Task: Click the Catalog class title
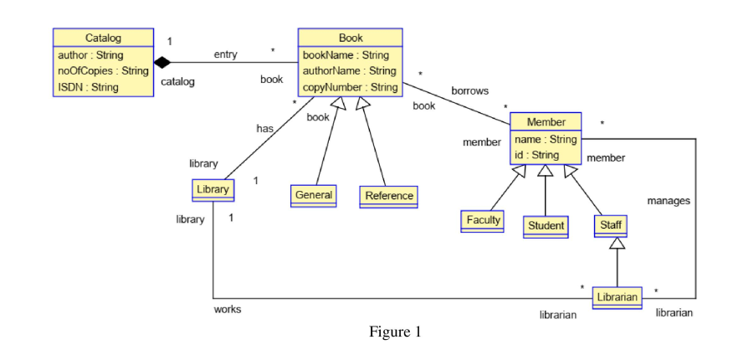point(103,39)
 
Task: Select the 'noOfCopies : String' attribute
point(103,70)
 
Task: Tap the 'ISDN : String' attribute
point(93,86)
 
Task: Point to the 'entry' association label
point(225,54)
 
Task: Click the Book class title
point(350,39)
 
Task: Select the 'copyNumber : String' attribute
point(350,87)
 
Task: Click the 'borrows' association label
point(469,90)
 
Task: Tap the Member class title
point(546,123)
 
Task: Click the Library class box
point(212,190)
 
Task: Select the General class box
point(314,195)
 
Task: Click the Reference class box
point(388,196)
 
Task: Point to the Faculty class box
point(482,220)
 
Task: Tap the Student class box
point(546,225)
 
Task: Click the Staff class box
point(610,225)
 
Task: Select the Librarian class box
point(618,297)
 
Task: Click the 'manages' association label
point(668,201)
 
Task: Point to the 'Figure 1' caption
point(395,332)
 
